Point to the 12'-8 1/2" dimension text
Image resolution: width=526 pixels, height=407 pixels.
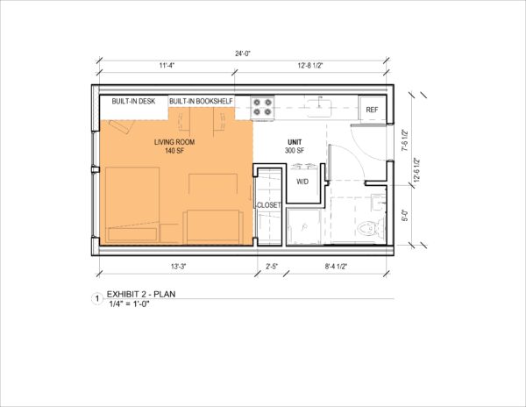326,65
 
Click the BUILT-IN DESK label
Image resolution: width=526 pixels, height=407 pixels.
133,101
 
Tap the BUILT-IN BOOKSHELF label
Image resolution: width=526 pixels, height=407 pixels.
203,101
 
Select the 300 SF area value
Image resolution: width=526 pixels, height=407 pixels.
294,151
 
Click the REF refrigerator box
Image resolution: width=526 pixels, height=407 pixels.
372,110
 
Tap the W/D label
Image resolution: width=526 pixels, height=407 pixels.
302,182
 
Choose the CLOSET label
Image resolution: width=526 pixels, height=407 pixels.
267,205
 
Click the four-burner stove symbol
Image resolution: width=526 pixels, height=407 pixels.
263,107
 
